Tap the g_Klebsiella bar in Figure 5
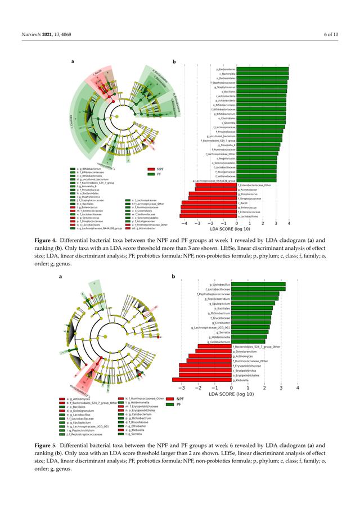tap(205, 381)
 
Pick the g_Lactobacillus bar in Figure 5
tap(259, 285)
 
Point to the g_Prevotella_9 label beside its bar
tap(224, 145)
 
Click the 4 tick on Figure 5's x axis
tap(297, 388)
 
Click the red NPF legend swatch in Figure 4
tap(151, 168)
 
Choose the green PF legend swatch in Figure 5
tap(169, 404)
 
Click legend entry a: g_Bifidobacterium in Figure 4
tap(89, 168)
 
